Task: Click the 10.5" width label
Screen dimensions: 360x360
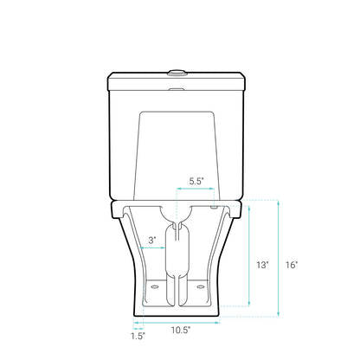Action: pos(180,330)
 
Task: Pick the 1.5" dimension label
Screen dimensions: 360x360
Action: pos(138,336)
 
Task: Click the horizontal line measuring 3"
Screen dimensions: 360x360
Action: pos(153,249)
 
